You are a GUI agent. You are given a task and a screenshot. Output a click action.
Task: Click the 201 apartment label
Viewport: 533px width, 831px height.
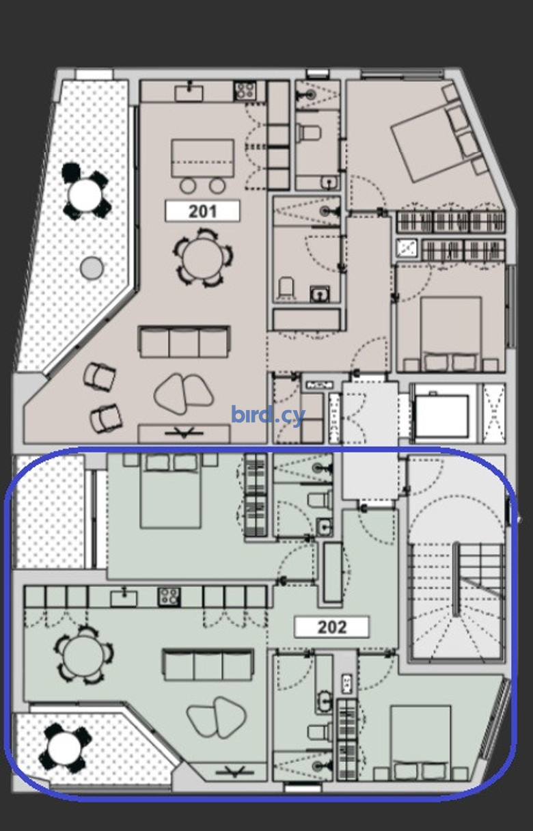tap(202, 211)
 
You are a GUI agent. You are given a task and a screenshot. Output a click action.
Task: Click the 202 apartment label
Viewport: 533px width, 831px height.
tap(331, 627)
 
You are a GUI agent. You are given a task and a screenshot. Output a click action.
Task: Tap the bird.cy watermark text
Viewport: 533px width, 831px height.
tap(268, 415)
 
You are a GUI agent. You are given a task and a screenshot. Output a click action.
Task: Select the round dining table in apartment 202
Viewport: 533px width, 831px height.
tap(83, 655)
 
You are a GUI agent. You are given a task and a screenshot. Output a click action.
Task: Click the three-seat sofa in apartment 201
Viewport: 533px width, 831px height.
tap(184, 342)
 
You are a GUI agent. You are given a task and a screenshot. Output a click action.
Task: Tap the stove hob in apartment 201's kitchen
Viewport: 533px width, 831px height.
tap(245, 90)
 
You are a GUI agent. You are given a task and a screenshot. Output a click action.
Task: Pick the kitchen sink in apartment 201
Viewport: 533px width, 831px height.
tap(189, 93)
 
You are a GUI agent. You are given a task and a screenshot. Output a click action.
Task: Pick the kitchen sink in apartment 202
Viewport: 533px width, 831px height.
tap(124, 598)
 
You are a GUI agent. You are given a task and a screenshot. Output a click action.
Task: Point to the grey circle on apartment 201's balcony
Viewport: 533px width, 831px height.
tap(92, 268)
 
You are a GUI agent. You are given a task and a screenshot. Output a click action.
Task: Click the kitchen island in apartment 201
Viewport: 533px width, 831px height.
tap(202, 158)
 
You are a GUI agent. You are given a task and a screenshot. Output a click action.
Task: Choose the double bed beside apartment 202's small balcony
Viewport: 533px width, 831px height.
tap(171, 491)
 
